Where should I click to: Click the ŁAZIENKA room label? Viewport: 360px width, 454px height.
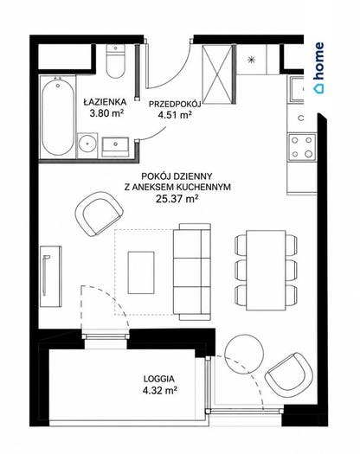coord(105,102)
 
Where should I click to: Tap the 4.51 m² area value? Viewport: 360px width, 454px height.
coord(175,115)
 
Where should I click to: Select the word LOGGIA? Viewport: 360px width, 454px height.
coord(159,379)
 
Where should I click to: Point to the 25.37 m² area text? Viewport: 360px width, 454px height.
coord(177,199)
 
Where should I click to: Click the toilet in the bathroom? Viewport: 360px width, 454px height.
coord(116,61)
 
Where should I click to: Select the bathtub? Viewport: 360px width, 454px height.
coord(58,117)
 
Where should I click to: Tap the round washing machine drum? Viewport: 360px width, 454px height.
coord(87,145)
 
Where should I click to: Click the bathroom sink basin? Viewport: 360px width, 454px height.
coord(115,148)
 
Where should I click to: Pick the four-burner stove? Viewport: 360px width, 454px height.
coord(302,147)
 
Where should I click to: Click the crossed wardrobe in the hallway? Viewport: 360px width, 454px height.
coord(217,74)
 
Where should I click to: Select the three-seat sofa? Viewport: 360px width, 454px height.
coord(192,272)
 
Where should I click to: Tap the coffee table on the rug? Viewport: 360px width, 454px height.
coord(141,272)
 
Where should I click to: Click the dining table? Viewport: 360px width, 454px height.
coord(266,270)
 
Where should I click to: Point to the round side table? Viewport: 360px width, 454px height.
coord(244,354)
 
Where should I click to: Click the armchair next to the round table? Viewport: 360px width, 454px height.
coord(289,375)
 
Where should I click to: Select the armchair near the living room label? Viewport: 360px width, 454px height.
coord(99,214)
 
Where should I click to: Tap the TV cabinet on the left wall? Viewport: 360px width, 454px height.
coord(51,276)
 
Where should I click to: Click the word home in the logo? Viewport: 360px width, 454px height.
coord(319,61)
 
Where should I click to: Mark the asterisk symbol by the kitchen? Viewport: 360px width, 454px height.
coord(251,60)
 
